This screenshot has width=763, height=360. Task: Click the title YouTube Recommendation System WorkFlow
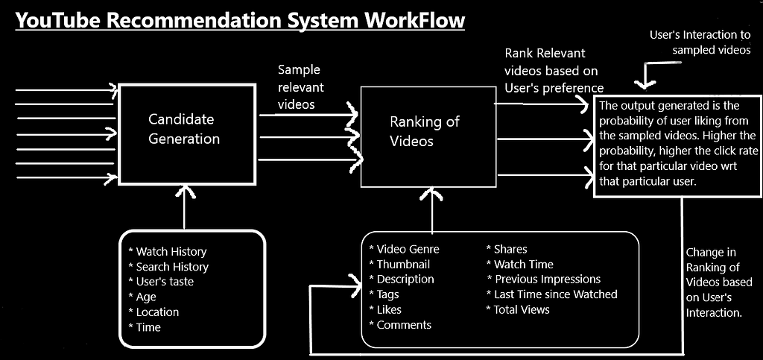(x=239, y=20)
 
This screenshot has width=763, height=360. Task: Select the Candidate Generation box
(x=183, y=129)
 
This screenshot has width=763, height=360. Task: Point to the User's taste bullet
(x=165, y=282)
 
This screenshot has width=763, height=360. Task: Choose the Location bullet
(x=157, y=312)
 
